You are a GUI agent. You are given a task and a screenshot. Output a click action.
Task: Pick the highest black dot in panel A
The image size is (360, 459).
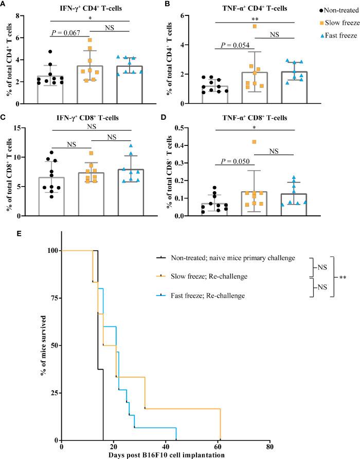click(x=49, y=51)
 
